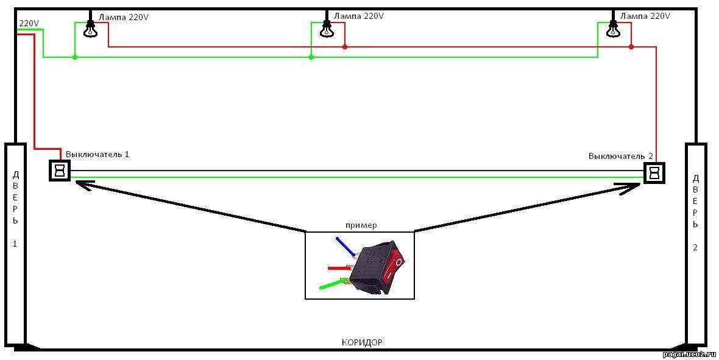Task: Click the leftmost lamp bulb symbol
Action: (x=90, y=29)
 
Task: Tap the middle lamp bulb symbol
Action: (x=327, y=29)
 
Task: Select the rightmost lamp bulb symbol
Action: (x=612, y=29)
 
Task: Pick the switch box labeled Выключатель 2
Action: (x=654, y=173)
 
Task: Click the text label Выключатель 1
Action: (x=97, y=154)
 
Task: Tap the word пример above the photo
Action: (x=361, y=225)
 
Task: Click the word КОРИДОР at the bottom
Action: (x=362, y=342)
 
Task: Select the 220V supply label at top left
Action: (x=29, y=23)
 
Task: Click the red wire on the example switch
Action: (x=337, y=267)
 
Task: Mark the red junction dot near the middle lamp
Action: (x=345, y=47)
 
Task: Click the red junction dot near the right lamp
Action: (x=631, y=47)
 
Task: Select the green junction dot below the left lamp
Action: (x=75, y=57)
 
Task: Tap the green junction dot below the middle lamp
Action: (x=311, y=57)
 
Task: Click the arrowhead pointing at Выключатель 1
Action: (x=82, y=184)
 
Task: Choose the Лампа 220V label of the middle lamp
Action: (x=359, y=16)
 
